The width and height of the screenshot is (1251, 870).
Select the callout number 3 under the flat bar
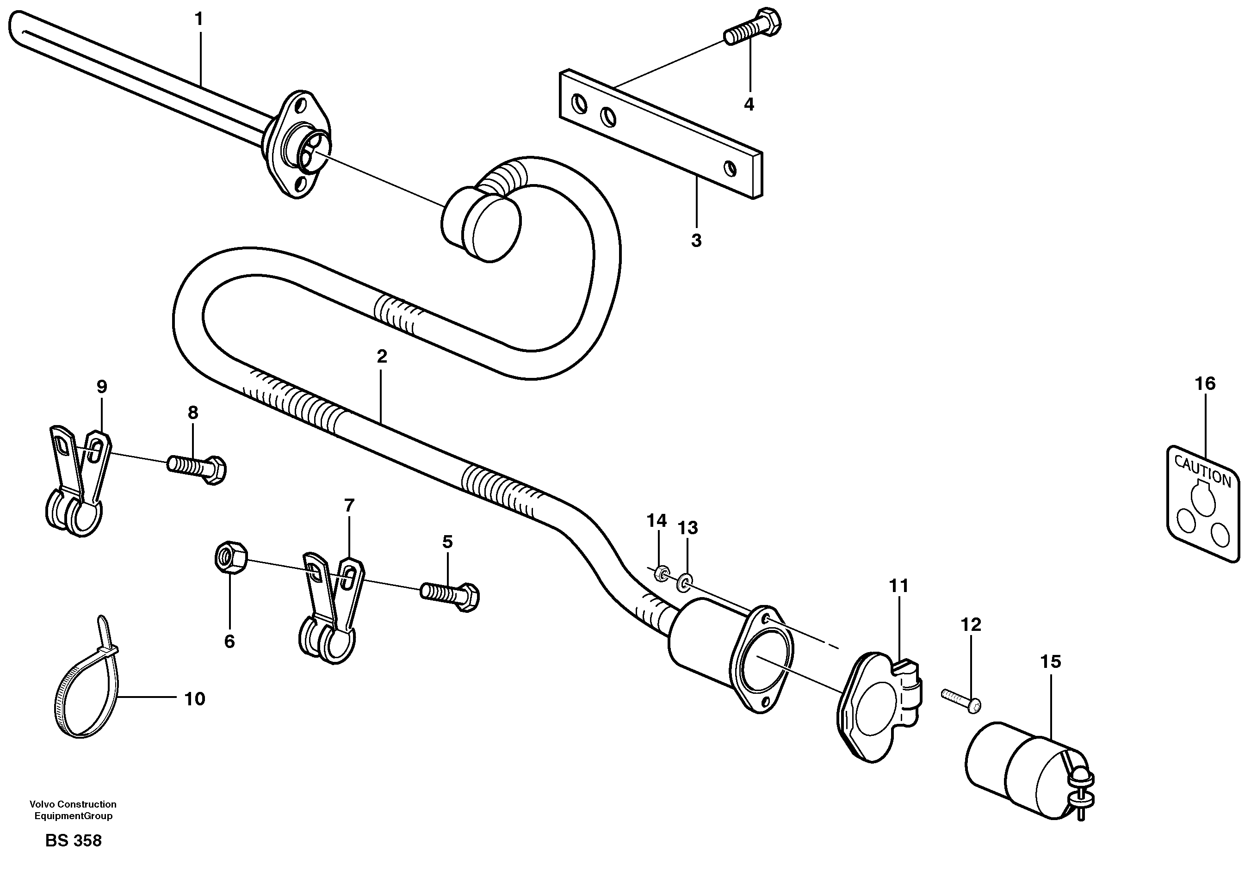[x=696, y=240]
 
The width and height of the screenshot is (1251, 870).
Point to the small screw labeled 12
[x=961, y=701]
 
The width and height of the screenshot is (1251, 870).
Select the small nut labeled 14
[x=662, y=573]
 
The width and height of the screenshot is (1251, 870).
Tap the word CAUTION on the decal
[x=1202, y=471]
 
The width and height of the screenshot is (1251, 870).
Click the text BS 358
[x=74, y=840]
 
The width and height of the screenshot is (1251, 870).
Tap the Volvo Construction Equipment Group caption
[x=73, y=809]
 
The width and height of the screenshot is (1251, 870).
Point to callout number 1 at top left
[x=199, y=19]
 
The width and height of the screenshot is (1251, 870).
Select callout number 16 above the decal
[x=1205, y=383]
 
